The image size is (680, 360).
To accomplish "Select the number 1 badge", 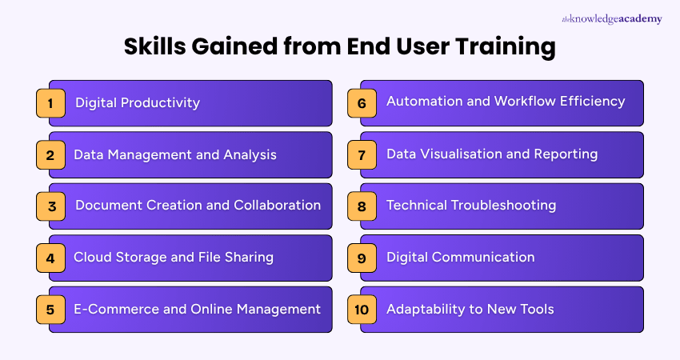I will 50,103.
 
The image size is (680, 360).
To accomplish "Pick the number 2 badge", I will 50,154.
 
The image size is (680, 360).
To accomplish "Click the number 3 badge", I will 50,206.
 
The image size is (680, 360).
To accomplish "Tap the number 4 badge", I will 50,258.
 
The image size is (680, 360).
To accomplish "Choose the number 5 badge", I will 50,310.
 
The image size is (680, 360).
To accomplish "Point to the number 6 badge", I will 362,103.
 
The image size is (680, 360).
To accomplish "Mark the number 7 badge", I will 362,154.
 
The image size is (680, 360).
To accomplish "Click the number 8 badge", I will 362,206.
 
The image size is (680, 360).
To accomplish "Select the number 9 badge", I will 362,258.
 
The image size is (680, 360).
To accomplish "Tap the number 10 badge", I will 362,310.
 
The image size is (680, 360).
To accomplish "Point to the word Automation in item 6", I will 422,102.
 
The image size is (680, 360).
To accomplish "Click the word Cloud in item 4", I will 91,257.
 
